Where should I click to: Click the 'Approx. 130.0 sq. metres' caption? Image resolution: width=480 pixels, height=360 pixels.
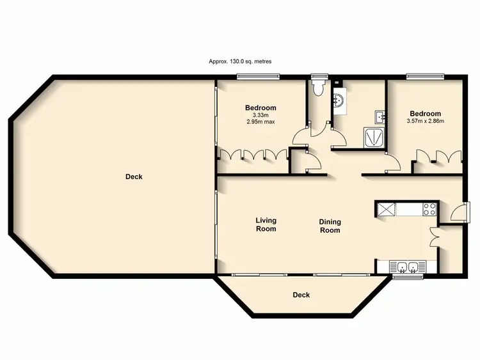(240, 62)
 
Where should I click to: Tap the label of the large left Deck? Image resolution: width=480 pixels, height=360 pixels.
(134, 177)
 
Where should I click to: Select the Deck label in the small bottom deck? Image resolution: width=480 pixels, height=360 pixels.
(301, 295)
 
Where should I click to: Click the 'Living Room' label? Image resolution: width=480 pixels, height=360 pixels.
(266, 224)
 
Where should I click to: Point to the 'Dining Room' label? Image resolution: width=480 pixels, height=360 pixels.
(330, 226)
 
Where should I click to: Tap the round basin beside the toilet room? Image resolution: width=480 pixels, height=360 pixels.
(339, 100)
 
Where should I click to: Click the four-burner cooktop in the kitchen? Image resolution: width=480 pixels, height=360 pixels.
(429, 209)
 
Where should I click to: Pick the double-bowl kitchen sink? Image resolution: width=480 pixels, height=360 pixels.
(407, 267)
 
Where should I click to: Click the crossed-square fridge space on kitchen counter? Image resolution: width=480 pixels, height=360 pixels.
(386, 209)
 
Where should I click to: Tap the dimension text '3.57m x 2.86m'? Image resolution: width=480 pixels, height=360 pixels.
(426, 121)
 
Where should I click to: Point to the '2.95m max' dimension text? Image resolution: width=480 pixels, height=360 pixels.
(260, 121)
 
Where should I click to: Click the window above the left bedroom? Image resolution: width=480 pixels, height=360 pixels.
(258, 77)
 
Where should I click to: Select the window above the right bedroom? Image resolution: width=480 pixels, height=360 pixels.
(426, 77)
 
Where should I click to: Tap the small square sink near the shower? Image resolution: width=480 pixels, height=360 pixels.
(380, 116)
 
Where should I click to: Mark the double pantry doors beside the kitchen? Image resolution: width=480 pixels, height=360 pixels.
(436, 237)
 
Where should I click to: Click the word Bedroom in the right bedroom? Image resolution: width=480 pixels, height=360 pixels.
(426, 114)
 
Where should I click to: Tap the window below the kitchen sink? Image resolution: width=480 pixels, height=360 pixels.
(407, 277)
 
